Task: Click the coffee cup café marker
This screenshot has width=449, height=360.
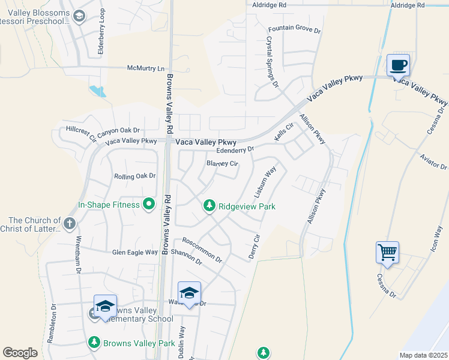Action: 397,64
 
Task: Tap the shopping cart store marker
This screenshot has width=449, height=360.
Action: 387,252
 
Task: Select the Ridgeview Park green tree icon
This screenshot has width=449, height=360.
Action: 209,206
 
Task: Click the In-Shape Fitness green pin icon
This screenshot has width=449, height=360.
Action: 149,205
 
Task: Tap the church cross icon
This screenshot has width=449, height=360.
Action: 70,224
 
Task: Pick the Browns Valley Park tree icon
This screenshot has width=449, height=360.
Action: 94,343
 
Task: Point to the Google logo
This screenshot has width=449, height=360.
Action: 20,353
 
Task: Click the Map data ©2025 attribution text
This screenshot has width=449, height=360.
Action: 423,355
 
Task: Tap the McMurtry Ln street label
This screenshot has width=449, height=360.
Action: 145,68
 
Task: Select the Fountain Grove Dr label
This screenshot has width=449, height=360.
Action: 295,29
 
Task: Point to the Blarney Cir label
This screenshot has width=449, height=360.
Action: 223,163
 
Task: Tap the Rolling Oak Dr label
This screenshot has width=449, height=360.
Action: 135,176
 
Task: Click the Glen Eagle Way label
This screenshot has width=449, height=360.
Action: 135,253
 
